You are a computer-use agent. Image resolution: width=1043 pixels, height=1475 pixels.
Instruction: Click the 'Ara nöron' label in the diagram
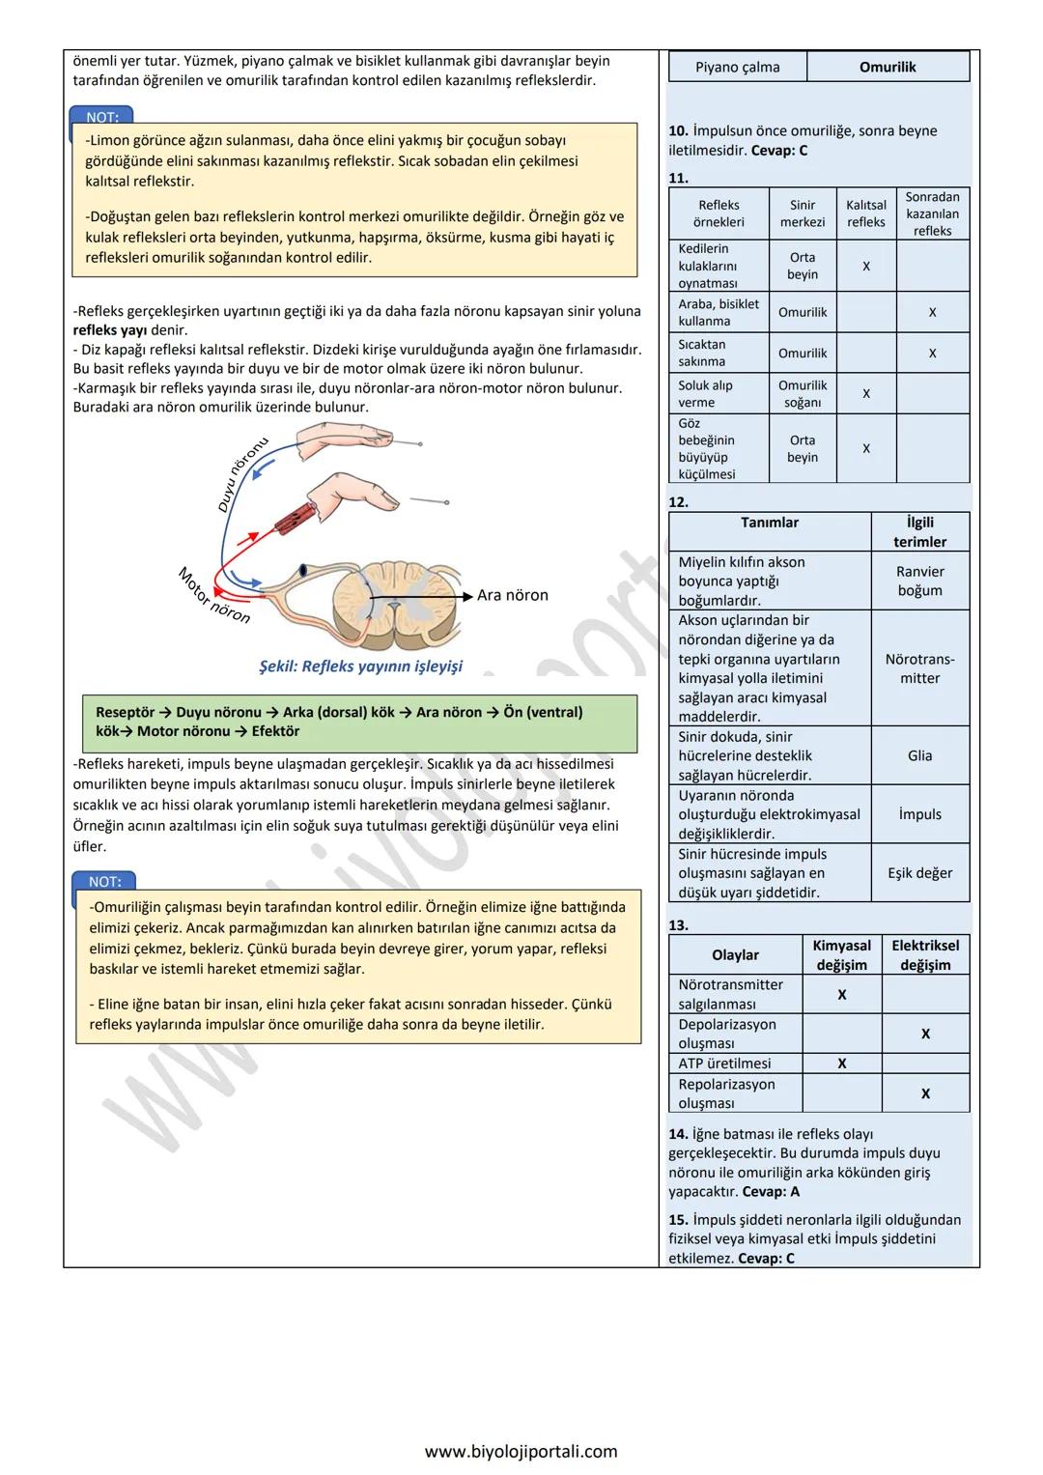pyautogui.click(x=512, y=595)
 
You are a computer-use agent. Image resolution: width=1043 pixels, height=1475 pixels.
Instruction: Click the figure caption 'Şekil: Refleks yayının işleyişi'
pyautogui.click(x=360, y=667)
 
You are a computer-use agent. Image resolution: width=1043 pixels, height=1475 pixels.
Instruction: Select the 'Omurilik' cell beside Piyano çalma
pyautogui.click(x=888, y=67)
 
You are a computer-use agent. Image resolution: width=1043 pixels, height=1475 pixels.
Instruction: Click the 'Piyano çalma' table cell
pyautogui.click(x=737, y=67)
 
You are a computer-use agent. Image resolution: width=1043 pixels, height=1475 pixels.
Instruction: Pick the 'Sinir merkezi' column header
pyautogui.click(x=803, y=213)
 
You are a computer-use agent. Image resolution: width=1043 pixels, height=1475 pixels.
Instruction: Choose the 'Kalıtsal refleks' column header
pyautogui.click(x=866, y=213)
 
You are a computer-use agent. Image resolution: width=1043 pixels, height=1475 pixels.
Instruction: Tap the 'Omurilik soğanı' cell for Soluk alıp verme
pyautogui.click(x=803, y=393)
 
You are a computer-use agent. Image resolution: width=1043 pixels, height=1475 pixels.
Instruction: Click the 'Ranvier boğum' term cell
pyautogui.click(x=919, y=581)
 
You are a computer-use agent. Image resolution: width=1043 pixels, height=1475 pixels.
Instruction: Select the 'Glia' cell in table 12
pyautogui.click(x=919, y=755)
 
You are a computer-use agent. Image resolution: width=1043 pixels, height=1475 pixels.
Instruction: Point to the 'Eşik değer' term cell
pyautogui.click(x=919, y=872)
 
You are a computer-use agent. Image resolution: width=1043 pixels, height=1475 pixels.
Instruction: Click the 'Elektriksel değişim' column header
pyautogui.click(x=925, y=954)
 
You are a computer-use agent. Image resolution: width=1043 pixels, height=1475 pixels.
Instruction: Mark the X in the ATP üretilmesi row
pyautogui.click(x=841, y=1064)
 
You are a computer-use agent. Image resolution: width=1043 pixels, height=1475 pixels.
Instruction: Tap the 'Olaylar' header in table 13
pyautogui.click(x=735, y=954)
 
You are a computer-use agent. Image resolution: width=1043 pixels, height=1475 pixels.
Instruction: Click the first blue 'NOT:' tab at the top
pyautogui.click(x=102, y=117)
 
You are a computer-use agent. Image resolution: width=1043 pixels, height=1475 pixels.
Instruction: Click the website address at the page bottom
pyautogui.click(x=521, y=1451)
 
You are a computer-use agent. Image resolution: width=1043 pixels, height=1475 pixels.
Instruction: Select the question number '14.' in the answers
pyautogui.click(x=678, y=1134)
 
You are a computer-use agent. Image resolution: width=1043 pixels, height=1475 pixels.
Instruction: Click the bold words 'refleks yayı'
pyautogui.click(x=110, y=330)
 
